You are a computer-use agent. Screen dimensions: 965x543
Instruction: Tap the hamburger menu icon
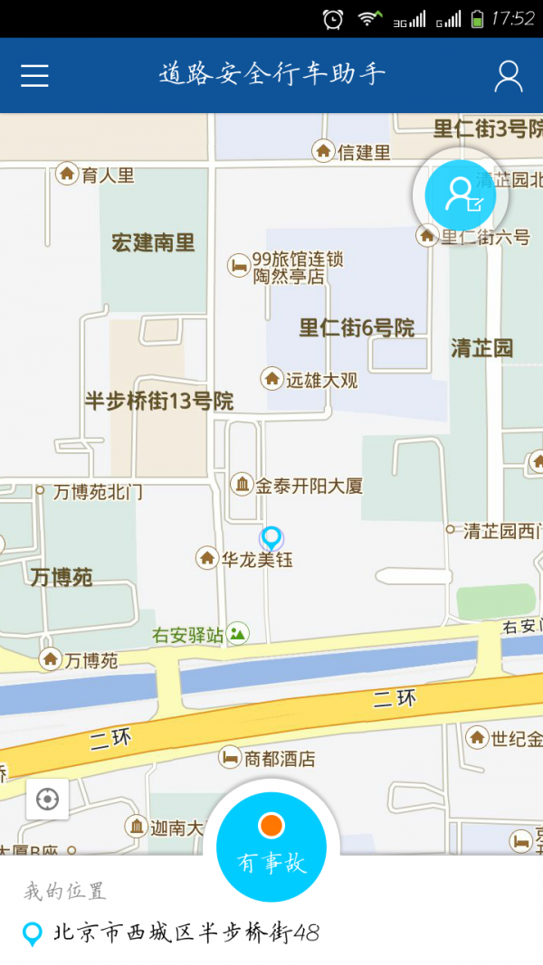(34, 76)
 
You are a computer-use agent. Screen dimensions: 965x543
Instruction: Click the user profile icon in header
(509, 76)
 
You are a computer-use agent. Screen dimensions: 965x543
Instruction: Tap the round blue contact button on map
(460, 194)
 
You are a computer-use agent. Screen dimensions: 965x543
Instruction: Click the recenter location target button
(47, 799)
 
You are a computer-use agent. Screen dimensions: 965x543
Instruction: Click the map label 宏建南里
(153, 242)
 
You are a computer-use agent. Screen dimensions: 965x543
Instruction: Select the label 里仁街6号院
(357, 328)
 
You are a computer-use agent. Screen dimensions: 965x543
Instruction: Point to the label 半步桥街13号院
(159, 401)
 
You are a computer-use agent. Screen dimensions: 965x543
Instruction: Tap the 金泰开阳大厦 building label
(308, 486)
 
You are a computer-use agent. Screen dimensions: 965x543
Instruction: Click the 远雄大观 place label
(321, 380)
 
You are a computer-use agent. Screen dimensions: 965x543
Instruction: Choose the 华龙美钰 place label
(257, 560)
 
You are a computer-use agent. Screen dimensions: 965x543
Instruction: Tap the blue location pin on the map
(271, 538)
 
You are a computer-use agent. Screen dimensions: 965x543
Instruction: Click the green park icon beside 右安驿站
(238, 634)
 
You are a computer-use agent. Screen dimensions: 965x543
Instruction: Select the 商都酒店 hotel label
(280, 758)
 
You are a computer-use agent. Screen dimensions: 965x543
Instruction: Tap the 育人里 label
(107, 175)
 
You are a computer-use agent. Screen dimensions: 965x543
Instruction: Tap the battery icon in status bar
(477, 18)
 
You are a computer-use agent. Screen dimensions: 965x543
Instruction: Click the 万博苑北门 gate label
(98, 492)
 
